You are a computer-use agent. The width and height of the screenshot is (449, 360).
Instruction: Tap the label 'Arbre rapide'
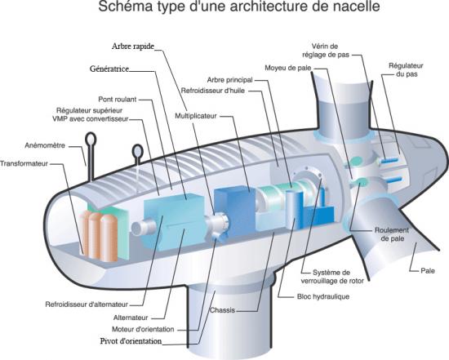coord(132,46)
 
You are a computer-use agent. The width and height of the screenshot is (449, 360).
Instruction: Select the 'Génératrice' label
coord(110,69)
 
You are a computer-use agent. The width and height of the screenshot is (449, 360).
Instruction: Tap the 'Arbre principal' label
coord(230,80)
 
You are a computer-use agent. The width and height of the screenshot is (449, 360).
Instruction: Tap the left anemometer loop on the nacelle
coord(90,152)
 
